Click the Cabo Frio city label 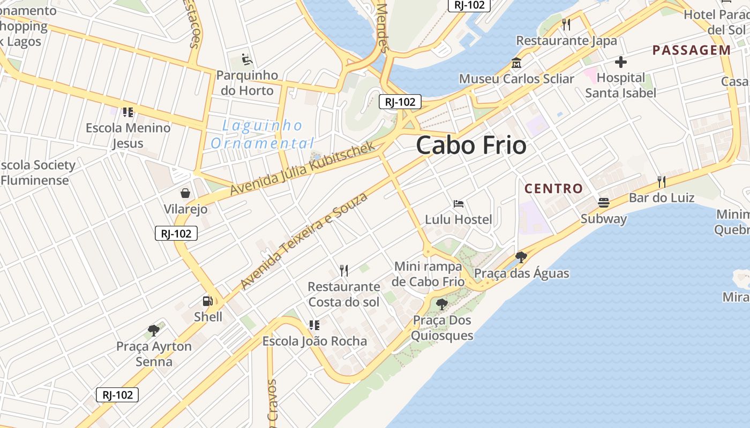click(x=471, y=145)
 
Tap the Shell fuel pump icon click(x=208, y=301)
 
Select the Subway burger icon click(x=604, y=203)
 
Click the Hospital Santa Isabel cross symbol click(x=621, y=62)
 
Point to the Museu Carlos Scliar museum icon click(x=516, y=63)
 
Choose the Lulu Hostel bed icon click(x=459, y=204)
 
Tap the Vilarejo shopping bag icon click(x=185, y=193)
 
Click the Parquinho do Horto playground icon click(x=247, y=58)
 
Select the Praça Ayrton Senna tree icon click(x=154, y=330)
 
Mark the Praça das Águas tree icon click(x=521, y=257)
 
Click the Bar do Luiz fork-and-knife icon click(x=662, y=182)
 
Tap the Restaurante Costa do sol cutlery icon click(x=344, y=271)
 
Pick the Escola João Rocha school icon click(x=314, y=325)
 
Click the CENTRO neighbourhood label click(x=553, y=188)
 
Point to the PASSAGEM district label click(x=691, y=50)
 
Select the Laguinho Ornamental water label click(x=262, y=134)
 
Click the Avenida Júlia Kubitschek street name click(x=303, y=168)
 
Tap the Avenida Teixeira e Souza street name click(x=304, y=241)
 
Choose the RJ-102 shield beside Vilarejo click(x=176, y=234)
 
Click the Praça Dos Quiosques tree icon click(x=442, y=304)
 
